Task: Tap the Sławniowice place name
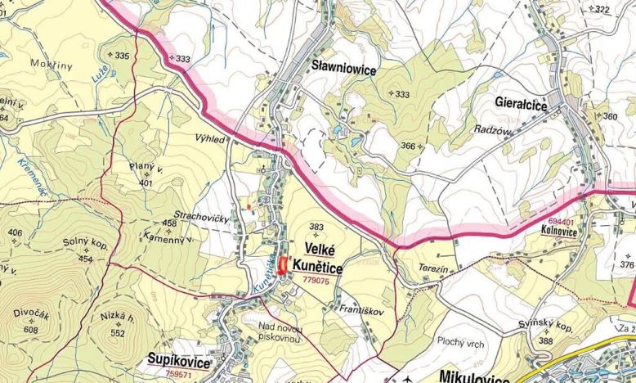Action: (x=343, y=70)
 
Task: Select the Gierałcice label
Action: (x=522, y=103)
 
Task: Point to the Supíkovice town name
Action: (x=179, y=361)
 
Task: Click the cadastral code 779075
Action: (x=316, y=280)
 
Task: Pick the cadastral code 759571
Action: (x=179, y=373)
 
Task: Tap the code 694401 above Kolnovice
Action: (x=561, y=221)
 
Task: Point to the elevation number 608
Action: (x=31, y=329)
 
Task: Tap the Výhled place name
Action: (x=209, y=140)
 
